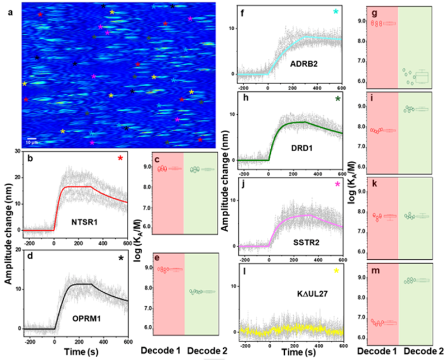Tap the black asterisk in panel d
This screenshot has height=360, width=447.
coord(120,258)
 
